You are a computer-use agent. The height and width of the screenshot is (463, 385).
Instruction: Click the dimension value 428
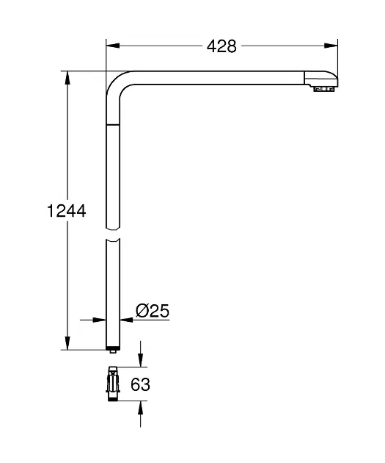pos(221,46)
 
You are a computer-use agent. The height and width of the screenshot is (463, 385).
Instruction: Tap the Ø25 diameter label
pos(153,311)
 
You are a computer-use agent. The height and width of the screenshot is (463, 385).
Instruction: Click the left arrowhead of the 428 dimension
pos(111,46)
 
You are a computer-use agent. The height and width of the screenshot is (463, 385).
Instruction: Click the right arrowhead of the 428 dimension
pos(334,46)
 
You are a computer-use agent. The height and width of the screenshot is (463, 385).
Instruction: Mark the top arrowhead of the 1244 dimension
pos(67,76)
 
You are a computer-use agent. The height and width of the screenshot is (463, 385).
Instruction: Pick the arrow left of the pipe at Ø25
pos(99,320)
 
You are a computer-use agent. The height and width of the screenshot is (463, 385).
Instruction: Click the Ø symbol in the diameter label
pos(144,311)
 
